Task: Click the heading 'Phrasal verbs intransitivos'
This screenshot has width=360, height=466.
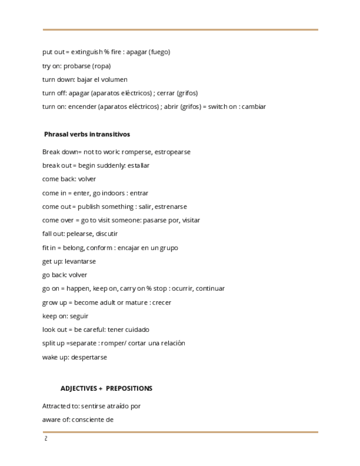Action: pos(87,134)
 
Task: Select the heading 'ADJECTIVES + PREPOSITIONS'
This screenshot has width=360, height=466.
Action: pos(106,389)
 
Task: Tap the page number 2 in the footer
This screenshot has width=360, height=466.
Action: pos(46,439)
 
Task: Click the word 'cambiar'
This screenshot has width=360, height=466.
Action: pos(253,107)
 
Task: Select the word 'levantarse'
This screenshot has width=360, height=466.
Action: pos(80,262)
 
